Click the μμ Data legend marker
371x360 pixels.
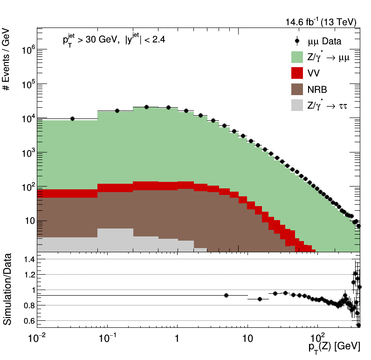pyautogui.click(x=296, y=42)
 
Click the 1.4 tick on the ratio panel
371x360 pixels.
pyautogui.click(x=28, y=259)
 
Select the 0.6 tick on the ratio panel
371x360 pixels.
pyautogui.click(x=28, y=321)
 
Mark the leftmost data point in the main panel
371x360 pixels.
pyautogui.click(x=72, y=119)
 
